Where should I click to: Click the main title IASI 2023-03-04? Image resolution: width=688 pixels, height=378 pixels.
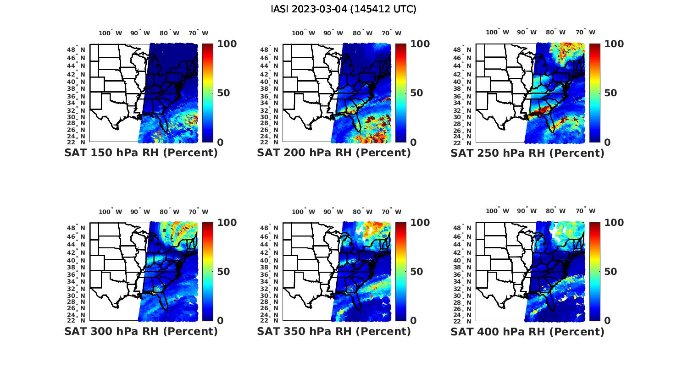pyautogui.click(x=344, y=9)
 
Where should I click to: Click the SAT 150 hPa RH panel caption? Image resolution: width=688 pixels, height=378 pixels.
pyautogui.click(x=141, y=153)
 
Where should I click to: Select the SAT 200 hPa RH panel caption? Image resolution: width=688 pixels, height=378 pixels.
pyautogui.click(x=334, y=153)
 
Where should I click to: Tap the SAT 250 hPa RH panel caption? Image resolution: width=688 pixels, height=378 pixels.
pyautogui.click(x=527, y=153)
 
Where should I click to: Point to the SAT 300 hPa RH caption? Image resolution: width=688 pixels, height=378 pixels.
pyautogui.click(x=141, y=331)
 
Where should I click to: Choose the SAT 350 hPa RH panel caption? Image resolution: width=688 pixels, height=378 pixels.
pyautogui.click(x=334, y=331)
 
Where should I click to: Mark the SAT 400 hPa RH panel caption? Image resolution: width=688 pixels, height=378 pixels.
pyautogui.click(x=527, y=331)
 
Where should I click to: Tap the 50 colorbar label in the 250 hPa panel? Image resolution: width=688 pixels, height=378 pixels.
pyautogui.click(x=610, y=93)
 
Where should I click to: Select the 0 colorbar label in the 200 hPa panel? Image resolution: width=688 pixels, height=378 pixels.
pyautogui.click(x=413, y=142)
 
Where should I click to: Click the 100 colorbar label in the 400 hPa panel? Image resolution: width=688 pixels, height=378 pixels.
pyautogui.click(x=614, y=223)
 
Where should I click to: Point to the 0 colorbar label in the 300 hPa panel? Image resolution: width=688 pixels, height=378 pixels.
pyautogui.click(x=220, y=321)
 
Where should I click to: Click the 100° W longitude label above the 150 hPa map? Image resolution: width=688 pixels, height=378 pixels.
pyautogui.click(x=111, y=33)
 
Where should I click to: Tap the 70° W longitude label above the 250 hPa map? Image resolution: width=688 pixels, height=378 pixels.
pyautogui.click(x=586, y=32)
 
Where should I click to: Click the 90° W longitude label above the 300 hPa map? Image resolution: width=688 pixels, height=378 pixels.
pyautogui.click(x=140, y=212)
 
